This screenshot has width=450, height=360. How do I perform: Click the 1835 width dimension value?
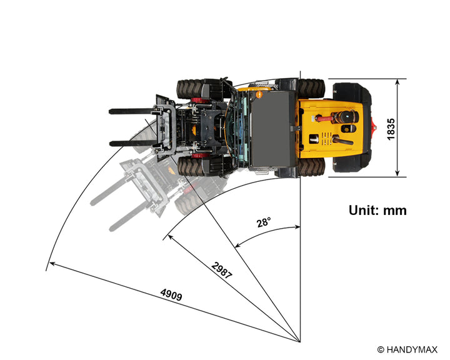pyautogui.click(x=391, y=129)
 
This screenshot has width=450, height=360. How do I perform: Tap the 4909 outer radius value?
pyautogui.click(x=171, y=294)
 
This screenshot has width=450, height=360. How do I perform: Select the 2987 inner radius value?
pyautogui.click(x=221, y=270)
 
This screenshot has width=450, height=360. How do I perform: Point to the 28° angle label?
pyautogui.click(x=264, y=222)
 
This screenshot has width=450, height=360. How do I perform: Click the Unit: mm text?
pyautogui.click(x=377, y=211)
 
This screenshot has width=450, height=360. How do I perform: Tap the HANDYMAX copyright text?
pyautogui.click(x=407, y=349)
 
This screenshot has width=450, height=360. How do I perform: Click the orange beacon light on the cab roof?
pyautogui.click(x=259, y=94)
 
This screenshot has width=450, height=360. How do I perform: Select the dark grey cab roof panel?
pyautogui.click(x=272, y=129)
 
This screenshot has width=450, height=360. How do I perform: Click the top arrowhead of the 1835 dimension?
pyautogui.click(x=397, y=82)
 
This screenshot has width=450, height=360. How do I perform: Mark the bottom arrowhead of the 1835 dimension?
pyautogui.click(x=397, y=173)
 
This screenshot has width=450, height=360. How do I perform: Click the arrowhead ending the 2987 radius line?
pyautogui.click(x=170, y=237)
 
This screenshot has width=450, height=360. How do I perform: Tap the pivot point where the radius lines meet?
pyautogui.click(x=300, y=342)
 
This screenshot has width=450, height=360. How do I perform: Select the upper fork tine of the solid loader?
pyautogui.click(x=132, y=111)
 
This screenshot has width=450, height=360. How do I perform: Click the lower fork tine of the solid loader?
pyautogui.click(x=132, y=143)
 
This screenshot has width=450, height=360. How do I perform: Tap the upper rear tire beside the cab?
pyautogui.click(x=311, y=88)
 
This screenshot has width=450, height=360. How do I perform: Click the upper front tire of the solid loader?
pyautogui.click(x=190, y=89)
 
